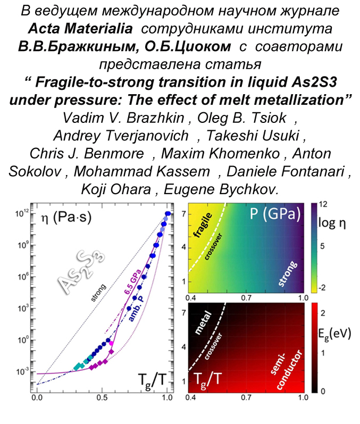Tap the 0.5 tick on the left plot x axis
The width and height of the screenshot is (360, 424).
point(102,397)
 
